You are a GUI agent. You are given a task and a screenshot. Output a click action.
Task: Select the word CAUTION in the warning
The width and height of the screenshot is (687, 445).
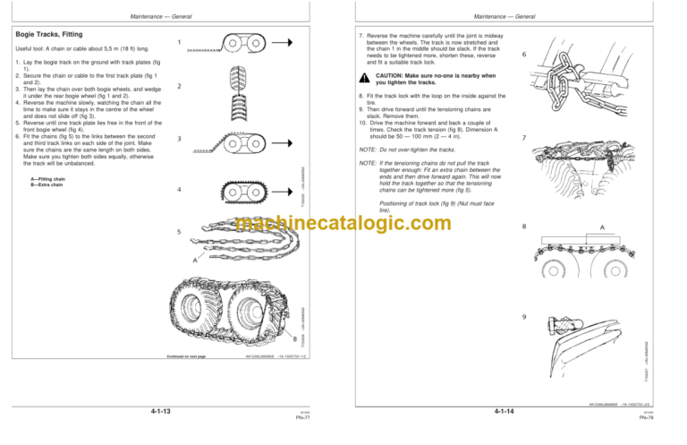391,76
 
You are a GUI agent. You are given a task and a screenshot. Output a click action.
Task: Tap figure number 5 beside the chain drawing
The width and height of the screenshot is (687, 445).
179,232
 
